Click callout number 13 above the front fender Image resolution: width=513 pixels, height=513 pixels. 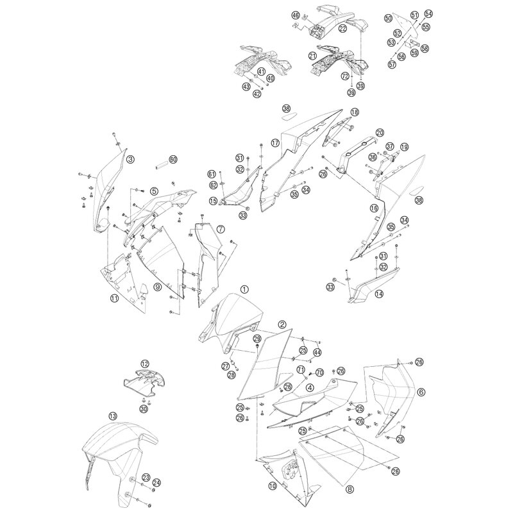pyautogui.click(x=113, y=416)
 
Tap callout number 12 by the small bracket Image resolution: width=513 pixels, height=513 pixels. pyautogui.click(x=145, y=364)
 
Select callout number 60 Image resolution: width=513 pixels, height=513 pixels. pyautogui.click(x=173, y=159)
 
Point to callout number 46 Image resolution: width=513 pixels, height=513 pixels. pyautogui.click(x=296, y=15)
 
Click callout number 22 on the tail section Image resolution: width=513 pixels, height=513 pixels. pyautogui.click(x=342, y=29)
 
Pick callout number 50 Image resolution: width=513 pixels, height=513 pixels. pyautogui.click(x=389, y=18)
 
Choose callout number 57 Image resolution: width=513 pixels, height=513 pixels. pyautogui.click(x=392, y=64)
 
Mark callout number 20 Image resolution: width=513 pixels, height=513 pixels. pyautogui.click(x=380, y=133)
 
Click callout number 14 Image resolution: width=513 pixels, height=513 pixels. pyautogui.click(x=379, y=294)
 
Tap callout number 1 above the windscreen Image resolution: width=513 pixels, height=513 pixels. pyautogui.click(x=245, y=289)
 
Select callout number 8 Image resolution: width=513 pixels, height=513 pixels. pyautogui.click(x=349, y=489)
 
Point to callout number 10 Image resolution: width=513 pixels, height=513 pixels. pyautogui.click(x=273, y=486)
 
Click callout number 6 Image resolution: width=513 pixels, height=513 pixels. pyautogui.click(x=421, y=392)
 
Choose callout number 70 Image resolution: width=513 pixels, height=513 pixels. pyautogui.click(x=319, y=373)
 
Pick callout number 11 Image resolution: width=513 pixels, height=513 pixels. pyautogui.click(x=114, y=298)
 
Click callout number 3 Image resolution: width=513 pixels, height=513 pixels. pyautogui.click(x=131, y=159)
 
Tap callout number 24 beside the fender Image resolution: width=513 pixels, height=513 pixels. pyautogui.click(x=157, y=482)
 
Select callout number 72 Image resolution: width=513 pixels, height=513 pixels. pyautogui.click(x=345, y=76)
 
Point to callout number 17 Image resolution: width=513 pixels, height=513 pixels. pyautogui.click(x=275, y=142)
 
